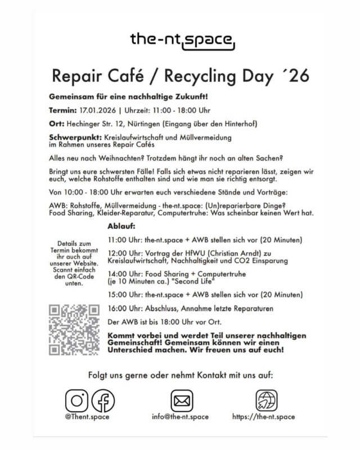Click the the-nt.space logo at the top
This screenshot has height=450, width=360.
[x=180, y=40]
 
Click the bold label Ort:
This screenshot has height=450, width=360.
[x=57, y=123]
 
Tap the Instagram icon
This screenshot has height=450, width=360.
[x=76, y=400]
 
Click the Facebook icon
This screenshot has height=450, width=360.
[x=103, y=400]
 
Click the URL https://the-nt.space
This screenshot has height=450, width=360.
[x=263, y=417]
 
